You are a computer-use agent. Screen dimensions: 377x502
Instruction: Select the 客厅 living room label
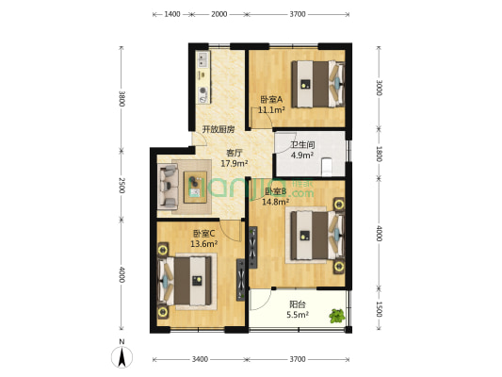coord(235,154)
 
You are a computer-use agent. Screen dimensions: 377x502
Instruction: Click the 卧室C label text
coord(204,234)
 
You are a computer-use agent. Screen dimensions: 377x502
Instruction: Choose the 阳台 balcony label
coord(297,303)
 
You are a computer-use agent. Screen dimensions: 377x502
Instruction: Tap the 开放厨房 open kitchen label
coord(218,129)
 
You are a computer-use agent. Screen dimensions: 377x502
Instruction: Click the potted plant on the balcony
coord(336,316)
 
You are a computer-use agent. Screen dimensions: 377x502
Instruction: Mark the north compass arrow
coord(121,356)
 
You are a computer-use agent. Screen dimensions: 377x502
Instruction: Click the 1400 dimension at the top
coord(172,15)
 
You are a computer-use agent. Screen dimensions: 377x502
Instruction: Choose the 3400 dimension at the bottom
coord(201,359)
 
